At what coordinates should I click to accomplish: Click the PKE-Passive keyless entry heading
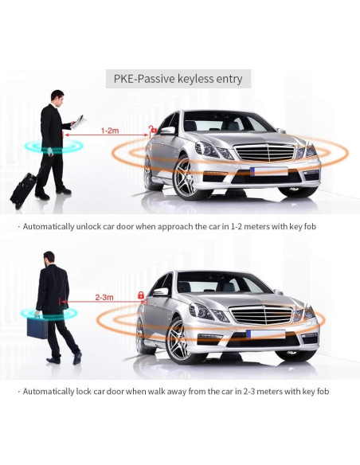click(179, 79)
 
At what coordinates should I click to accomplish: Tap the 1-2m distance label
click(111, 129)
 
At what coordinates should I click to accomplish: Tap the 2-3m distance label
click(104, 297)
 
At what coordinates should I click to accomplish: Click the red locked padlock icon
click(141, 295)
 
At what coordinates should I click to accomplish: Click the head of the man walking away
click(49, 257)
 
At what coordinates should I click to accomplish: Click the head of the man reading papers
click(56, 96)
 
